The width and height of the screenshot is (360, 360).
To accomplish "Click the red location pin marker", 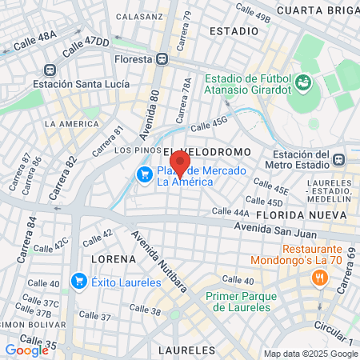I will coord(181,164).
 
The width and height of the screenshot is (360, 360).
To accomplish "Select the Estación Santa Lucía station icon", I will coord(50,70).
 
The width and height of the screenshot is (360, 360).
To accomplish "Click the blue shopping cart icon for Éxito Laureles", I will coord(78,281).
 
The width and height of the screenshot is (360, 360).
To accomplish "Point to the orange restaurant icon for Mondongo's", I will coord(319,278).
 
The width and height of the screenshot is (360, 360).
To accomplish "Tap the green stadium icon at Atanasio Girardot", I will coord(303,82).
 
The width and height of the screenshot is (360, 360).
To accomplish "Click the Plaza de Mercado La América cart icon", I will coord(145,174).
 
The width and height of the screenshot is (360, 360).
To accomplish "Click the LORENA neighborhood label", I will coord(109,260).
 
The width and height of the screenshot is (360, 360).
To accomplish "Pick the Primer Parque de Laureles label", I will coord(237,300).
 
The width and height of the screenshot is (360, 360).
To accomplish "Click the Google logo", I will coord(27,350).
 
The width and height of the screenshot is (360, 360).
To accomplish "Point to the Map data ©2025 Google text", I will coord(310,354).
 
